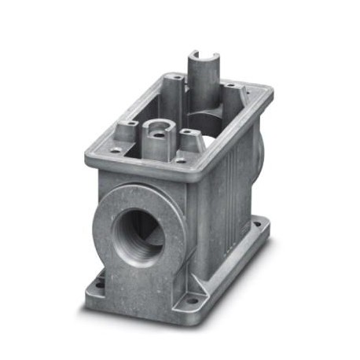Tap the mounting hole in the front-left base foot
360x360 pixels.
(101, 276)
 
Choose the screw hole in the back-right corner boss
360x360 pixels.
(230, 86)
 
